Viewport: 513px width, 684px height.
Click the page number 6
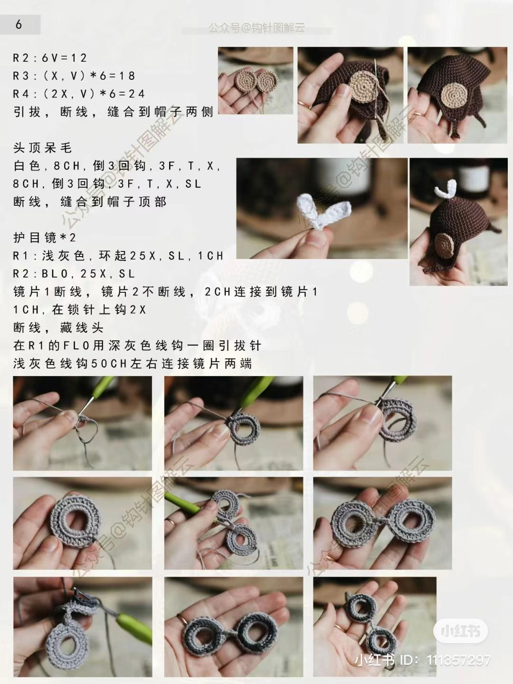(x=19, y=25)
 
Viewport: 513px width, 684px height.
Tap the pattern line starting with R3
(x=74, y=76)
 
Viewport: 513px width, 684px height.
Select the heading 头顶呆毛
(x=43, y=148)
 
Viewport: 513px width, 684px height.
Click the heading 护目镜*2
(x=45, y=238)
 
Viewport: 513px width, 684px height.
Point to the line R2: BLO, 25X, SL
(x=74, y=274)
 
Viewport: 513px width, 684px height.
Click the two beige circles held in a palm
(x=255, y=80)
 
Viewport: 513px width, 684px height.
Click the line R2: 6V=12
(x=50, y=58)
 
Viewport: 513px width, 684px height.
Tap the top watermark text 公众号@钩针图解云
(x=256, y=28)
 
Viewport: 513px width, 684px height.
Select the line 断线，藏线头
(x=58, y=328)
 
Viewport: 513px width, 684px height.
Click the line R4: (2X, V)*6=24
(x=79, y=94)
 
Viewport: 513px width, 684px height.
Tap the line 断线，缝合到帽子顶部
(x=90, y=202)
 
